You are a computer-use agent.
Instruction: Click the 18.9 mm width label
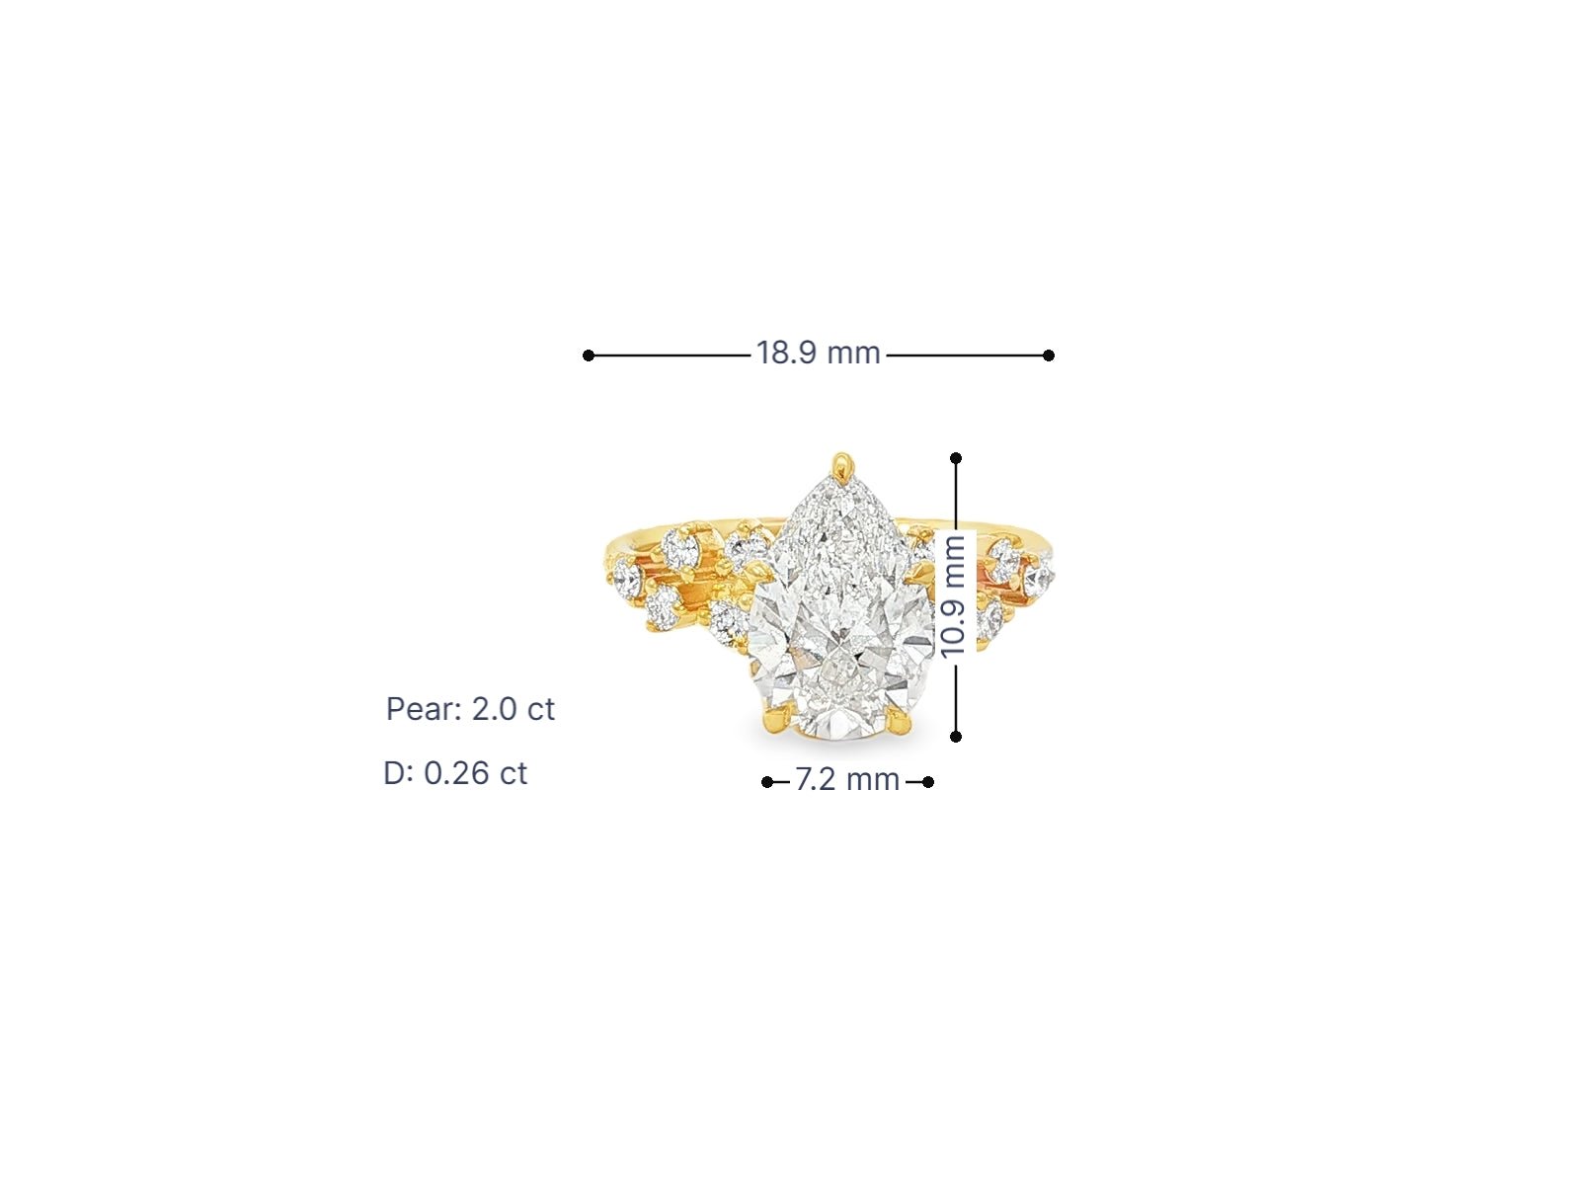click(x=818, y=354)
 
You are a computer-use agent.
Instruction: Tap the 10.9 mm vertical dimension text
click(x=953, y=596)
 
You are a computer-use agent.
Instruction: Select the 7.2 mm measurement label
click(x=846, y=780)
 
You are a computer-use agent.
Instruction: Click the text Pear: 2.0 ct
click(x=470, y=709)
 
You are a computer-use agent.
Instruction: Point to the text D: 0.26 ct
click(x=455, y=773)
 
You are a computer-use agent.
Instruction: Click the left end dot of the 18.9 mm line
click(x=589, y=355)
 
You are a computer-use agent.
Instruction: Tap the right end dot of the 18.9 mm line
click(x=1049, y=355)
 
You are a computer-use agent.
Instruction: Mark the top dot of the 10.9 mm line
click(x=956, y=458)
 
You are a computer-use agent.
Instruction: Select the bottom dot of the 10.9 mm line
click(x=956, y=736)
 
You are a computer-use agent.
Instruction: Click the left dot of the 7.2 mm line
click(x=767, y=782)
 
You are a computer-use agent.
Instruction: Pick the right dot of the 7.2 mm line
click(x=928, y=782)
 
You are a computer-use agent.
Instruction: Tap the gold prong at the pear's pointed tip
click(x=840, y=464)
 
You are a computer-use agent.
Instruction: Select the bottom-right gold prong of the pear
click(x=900, y=726)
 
